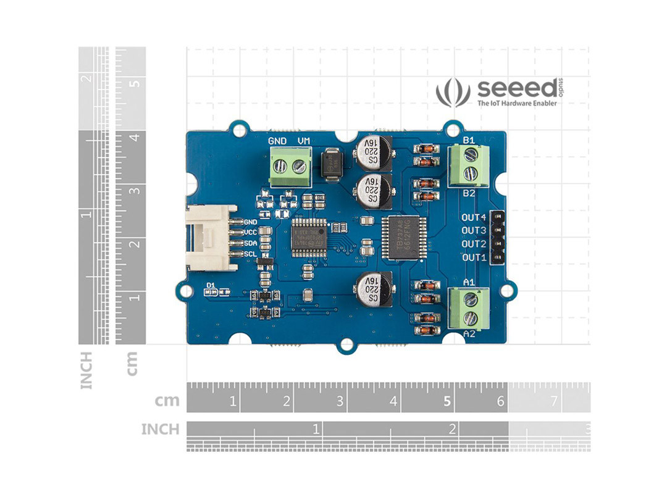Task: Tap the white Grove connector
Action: click(x=211, y=238)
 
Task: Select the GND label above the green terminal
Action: click(x=277, y=141)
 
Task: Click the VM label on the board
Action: click(x=304, y=141)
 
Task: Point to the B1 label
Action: click(x=469, y=140)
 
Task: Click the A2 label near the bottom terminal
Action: click(x=469, y=334)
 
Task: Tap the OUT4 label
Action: click(x=474, y=217)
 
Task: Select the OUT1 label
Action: click(x=474, y=257)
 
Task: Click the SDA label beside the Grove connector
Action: click(x=251, y=243)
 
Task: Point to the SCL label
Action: click(x=251, y=254)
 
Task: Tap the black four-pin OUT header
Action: click(x=497, y=237)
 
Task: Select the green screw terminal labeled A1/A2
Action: click(x=469, y=309)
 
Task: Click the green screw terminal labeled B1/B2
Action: click(x=469, y=166)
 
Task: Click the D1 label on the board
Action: click(x=211, y=285)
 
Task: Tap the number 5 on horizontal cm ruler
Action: click(x=447, y=401)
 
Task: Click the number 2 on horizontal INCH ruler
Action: click(x=453, y=428)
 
